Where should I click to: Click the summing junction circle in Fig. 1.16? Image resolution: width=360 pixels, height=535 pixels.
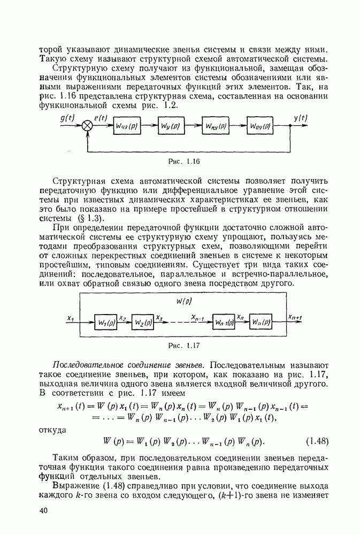click(87, 126)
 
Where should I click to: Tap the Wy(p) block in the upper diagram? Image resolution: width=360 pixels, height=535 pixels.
click(171, 126)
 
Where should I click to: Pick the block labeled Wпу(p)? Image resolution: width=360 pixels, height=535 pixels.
click(215, 126)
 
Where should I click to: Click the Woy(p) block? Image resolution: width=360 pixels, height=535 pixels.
click(259, 126)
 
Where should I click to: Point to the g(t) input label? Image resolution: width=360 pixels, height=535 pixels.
click(68, 118)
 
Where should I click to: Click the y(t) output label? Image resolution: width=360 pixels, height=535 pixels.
click(301, 118)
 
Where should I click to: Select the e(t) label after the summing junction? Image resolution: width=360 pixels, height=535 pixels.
click(101, 118)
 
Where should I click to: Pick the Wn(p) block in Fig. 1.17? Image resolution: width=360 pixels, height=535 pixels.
click(261, 323)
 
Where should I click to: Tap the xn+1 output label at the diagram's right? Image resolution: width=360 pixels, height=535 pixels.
click(295, 317)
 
